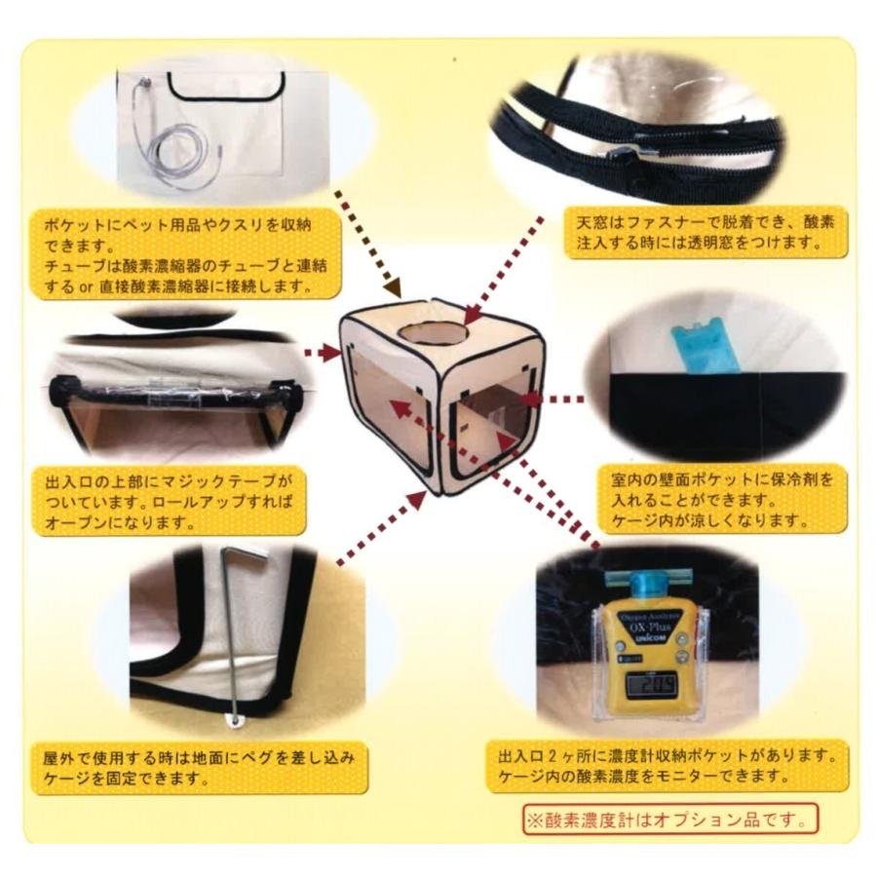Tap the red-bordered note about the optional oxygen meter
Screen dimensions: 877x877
[x=669, y=818]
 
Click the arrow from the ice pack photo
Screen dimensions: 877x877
[x=552, y=399]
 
